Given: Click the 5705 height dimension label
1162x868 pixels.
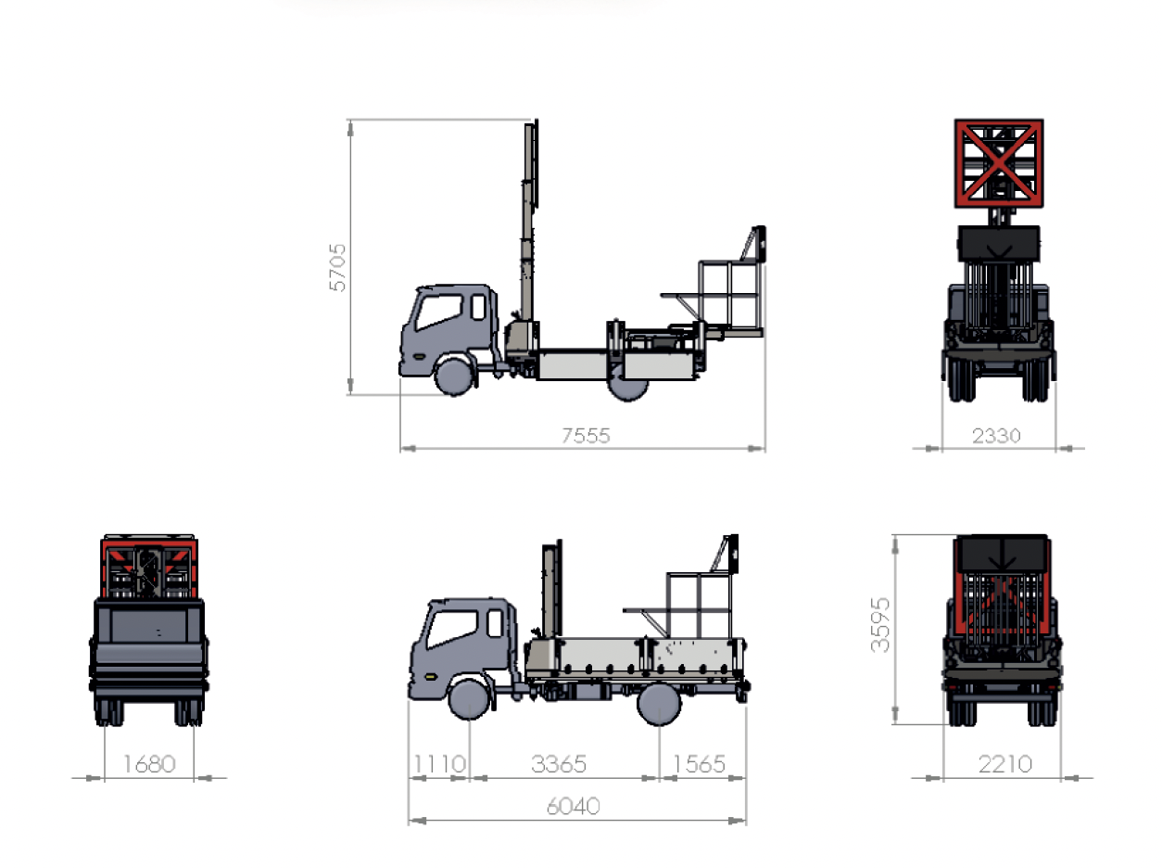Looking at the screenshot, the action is (337, 267).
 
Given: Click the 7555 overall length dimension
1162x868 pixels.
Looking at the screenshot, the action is (586, 436).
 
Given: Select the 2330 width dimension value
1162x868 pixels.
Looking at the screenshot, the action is (996, 436).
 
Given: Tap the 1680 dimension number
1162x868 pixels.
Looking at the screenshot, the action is (149, 764).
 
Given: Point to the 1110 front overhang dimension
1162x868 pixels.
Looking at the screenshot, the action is (439, 764).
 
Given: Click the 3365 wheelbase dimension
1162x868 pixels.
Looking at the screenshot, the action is (559, 764).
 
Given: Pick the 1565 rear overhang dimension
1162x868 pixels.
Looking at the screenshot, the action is (699, 764).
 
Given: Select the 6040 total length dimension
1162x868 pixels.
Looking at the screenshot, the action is (574, 807).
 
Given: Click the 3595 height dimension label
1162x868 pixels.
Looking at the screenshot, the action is (880, 625).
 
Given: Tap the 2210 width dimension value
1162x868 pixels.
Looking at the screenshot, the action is (1005, 764).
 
